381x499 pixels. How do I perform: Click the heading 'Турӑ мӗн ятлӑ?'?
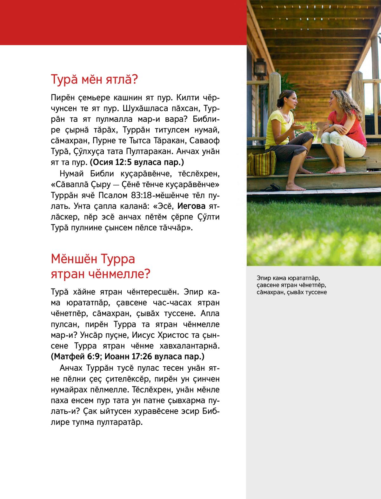point(94,80)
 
